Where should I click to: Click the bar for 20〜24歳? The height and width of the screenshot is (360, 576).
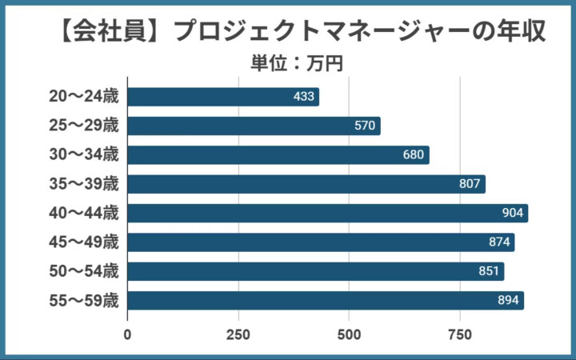(x=223, y=97)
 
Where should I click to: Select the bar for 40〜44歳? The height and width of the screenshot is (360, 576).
(x=327, y=213)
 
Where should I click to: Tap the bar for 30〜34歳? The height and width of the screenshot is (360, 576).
(x=278, y=155)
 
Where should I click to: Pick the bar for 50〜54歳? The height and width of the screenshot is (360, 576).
(x=315, y=271)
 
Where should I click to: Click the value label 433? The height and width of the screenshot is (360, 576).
(x=304, y=97)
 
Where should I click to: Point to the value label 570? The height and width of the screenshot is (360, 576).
(x=365, y=126)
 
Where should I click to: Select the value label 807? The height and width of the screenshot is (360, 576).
(x=470, y=184)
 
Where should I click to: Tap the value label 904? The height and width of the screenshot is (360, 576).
(x=512, y=213)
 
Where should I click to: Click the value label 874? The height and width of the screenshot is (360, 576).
(x=499, y=242)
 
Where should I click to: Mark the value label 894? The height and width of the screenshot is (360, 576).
(x=508, y=301)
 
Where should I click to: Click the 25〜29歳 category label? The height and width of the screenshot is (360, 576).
(x=82, y=126)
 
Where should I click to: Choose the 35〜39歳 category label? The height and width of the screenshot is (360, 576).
(x=82, y=184)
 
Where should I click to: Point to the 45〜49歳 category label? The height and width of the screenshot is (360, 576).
(x=82, y=242)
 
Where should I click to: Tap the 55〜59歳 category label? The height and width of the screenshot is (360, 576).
(x=82, y=301)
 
